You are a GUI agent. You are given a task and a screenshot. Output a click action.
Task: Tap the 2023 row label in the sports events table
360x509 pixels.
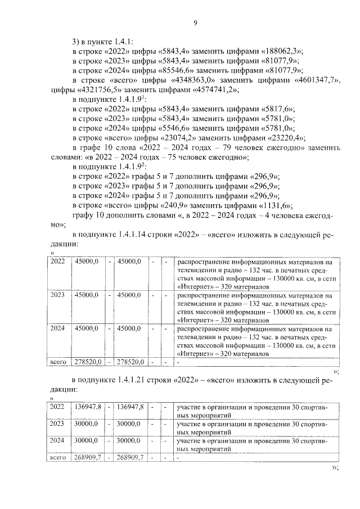57,424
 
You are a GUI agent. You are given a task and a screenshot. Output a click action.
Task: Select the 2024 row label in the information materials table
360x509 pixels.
57,327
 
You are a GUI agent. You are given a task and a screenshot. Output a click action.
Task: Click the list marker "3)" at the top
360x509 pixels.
76,41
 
